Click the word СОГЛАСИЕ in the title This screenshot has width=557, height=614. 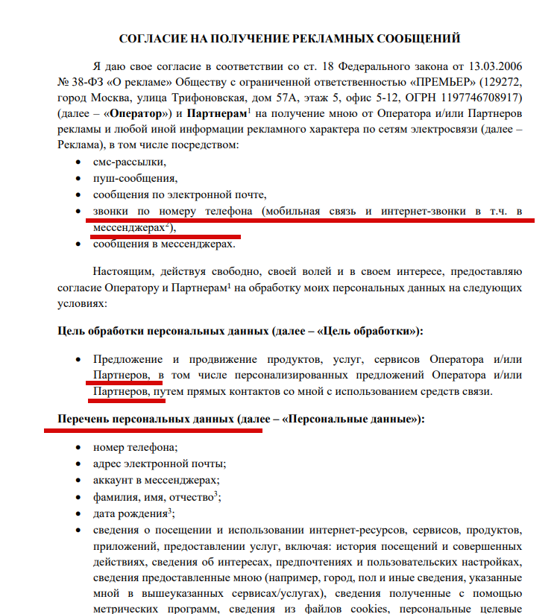(154, 38)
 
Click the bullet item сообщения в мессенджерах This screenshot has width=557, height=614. (163, 244)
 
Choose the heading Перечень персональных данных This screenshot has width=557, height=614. (146, 420)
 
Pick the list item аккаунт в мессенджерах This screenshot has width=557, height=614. (156, 481)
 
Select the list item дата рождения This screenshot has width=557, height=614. (130, 514)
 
